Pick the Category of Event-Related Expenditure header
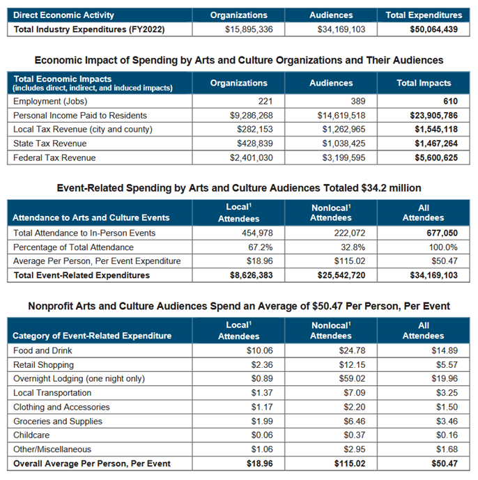click(92, 336)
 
